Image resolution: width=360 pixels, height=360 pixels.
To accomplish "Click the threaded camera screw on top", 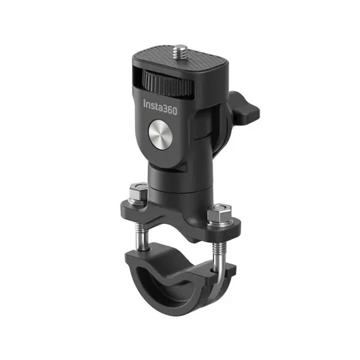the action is pos(180,52).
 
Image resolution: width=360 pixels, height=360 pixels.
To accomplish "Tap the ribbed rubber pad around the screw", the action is pos(181,59).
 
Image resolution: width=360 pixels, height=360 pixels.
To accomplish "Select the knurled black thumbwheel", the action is pos(167,83).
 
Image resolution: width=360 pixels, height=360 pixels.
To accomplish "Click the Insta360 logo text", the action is pos(160,107).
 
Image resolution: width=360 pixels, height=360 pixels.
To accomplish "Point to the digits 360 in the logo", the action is pos(169,109).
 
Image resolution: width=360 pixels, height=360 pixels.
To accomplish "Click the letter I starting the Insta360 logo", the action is pos(145,104).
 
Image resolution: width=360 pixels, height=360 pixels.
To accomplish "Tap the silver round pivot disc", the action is pos(160,135).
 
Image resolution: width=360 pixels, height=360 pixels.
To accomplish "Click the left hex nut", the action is pos(138,191).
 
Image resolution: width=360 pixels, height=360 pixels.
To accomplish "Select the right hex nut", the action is pos(219,213).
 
